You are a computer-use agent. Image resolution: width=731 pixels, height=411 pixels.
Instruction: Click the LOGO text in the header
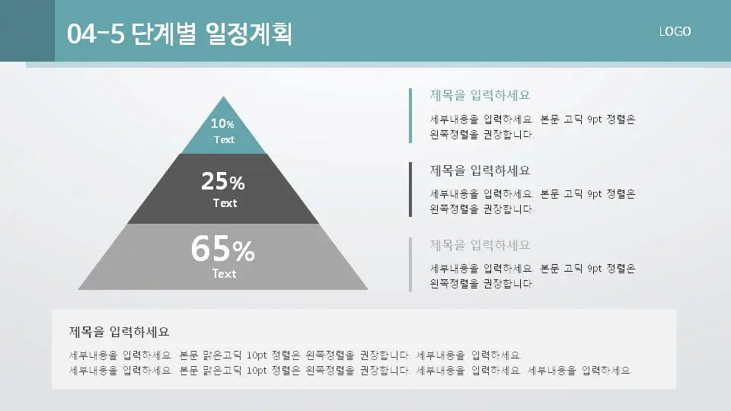tap(675, 31)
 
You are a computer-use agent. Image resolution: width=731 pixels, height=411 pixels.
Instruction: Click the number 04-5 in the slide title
tap(95, 33)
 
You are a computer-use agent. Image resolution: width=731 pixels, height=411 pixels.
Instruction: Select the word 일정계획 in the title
tap(249, 33)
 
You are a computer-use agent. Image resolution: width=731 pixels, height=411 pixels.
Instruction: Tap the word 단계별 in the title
tap(164, 33)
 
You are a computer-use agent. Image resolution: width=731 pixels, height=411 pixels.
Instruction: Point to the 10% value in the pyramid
tap(222, 123)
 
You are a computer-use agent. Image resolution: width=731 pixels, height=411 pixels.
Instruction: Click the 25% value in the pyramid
tap(222, 182)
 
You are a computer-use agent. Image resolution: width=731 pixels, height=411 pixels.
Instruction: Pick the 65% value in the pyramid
tap(222, 249)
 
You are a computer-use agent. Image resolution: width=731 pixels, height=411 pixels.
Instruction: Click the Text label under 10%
tap(224, 140)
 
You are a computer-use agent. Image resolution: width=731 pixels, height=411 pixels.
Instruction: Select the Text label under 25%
tap(225, 203)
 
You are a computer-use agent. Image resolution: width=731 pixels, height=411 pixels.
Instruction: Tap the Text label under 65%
tap(224, 274)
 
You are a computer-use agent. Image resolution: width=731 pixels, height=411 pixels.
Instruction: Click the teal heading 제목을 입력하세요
tap(480, 95)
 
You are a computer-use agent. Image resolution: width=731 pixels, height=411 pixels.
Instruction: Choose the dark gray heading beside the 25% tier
tap(480, 170)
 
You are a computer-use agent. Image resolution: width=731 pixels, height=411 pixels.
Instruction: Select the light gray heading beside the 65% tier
tap(480, 245)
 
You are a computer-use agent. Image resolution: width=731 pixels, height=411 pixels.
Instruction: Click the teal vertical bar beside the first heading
tap(410, 115)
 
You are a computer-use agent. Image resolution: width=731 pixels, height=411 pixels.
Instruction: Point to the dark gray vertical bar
tap(410, 189)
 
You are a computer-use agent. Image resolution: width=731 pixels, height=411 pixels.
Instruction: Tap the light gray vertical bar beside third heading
tap(410, 264)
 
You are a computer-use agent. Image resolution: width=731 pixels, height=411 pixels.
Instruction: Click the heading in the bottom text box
tap(119, 332)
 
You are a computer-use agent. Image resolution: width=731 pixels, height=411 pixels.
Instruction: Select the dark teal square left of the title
tap(27, 30)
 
